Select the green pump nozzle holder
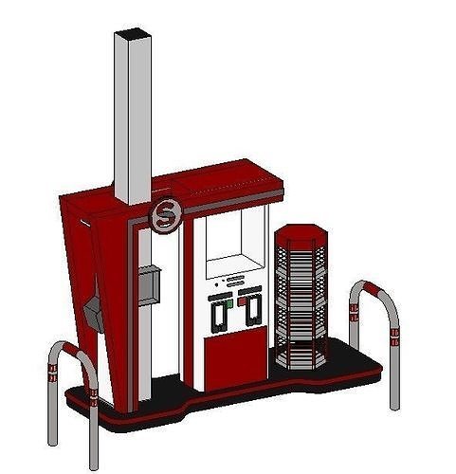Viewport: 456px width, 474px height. click(220, 313)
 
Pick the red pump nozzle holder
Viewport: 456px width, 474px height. click(251, 309)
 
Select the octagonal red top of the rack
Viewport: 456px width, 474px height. click(299, 234)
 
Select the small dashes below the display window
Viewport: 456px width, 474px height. click(235, 281)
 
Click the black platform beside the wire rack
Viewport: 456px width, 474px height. click(356, 365)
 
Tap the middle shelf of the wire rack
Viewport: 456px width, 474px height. click(300, 294)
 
